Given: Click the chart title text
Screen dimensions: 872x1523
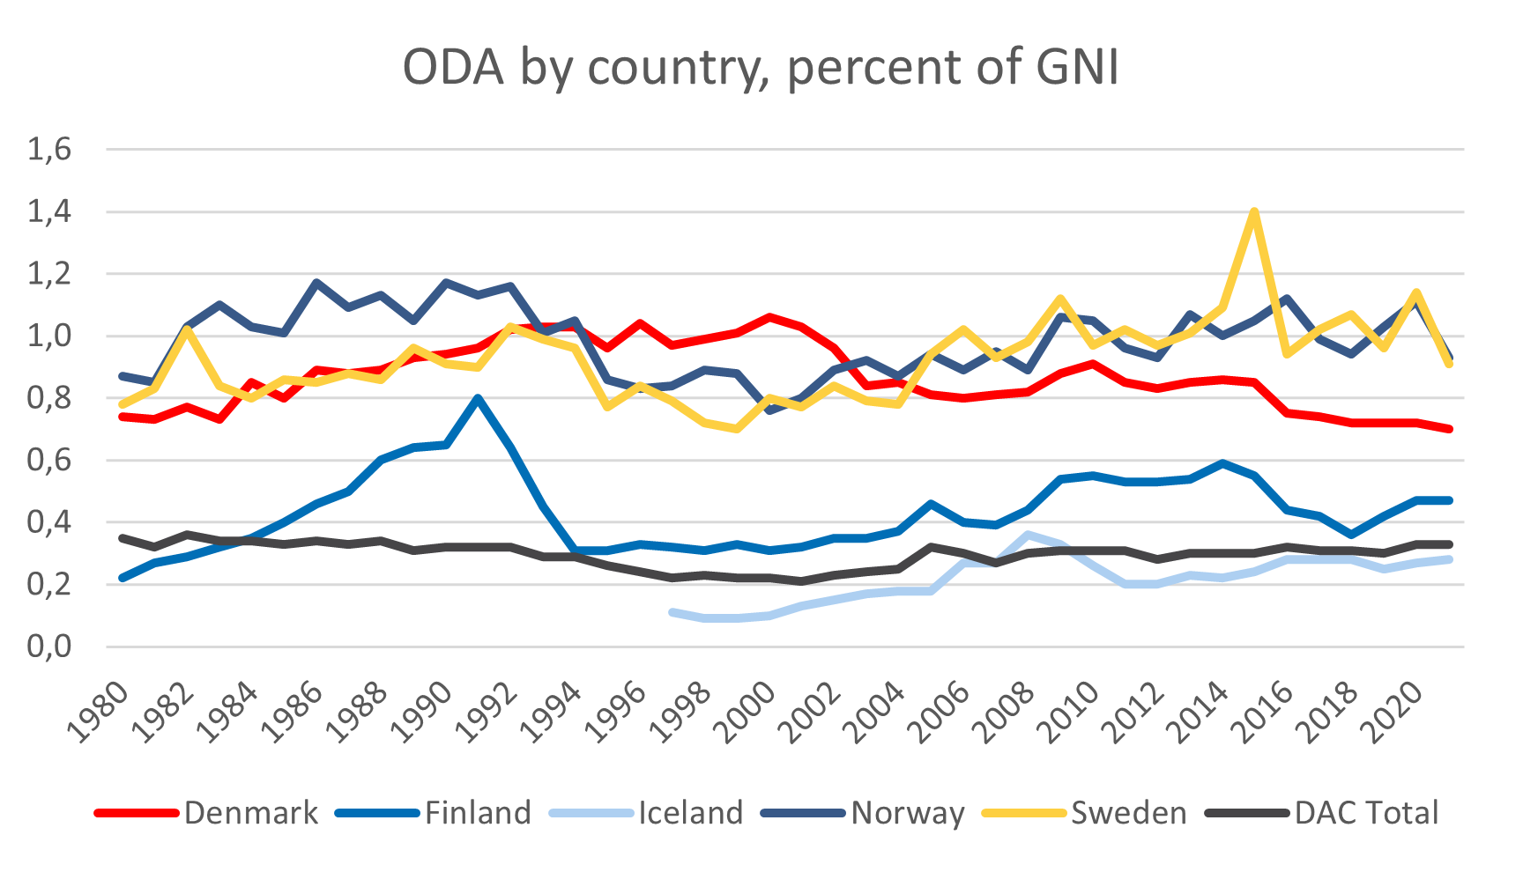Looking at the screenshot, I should click(x=761, y=67).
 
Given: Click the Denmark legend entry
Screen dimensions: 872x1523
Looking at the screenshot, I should click(x=250, y=812).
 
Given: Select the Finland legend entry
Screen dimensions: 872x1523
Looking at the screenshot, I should click(x=478, y=812).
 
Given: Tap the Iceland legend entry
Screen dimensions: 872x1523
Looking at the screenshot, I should click(x=690, y=812).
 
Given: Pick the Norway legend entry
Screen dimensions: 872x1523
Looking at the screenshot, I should click(x=907, y=812).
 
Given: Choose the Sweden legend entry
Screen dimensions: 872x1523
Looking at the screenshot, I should click(x=1128, y=812).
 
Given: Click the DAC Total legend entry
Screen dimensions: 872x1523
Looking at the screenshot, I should click(x=1366, y=812).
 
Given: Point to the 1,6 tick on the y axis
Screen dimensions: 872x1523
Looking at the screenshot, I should click(x=49, y=150).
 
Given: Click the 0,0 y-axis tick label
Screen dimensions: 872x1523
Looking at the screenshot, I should click(x=49, y=647).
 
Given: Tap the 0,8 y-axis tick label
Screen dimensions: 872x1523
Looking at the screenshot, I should click(x=49, y=398).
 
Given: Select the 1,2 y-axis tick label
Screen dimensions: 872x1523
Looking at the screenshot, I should click(x=49, y=274).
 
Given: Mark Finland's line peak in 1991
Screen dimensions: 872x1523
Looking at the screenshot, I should click(x=478, y=398).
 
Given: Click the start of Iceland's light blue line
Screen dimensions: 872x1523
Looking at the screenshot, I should click(x=672, y=612).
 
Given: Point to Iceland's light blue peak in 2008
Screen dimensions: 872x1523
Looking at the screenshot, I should click(x=1028, y=535).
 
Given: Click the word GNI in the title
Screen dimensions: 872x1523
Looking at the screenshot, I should click(x=1076, y=67).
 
